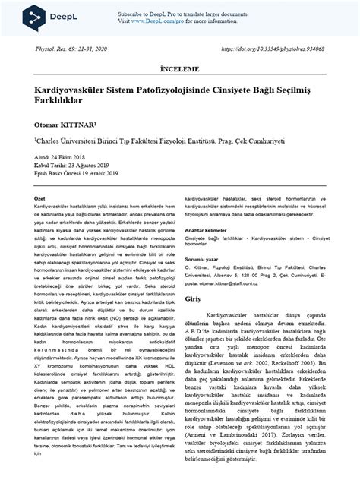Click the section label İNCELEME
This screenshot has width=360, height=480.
pyautogui.click(x=179, y=68)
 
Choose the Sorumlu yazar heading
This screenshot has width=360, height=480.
pyautogui.click(x=206, y=259)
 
